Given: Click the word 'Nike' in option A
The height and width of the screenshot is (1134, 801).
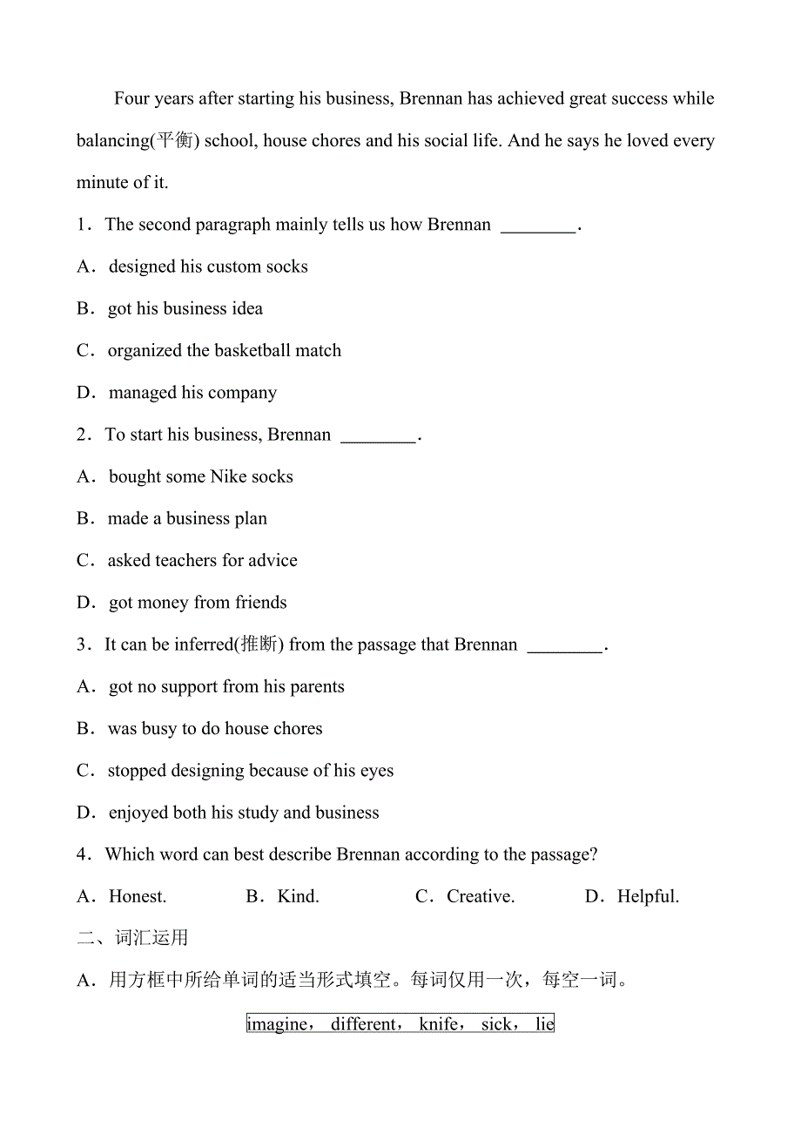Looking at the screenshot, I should [x=229, y=476].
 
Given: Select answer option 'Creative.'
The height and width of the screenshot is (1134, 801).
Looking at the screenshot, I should [x=480, y=896].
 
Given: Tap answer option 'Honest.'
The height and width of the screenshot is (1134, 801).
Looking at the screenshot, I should [x=137, y=896].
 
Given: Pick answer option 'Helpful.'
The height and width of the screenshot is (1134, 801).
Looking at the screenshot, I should [x=648, y=896].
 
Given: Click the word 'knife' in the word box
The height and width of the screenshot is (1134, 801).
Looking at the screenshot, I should [x=439, y=1024].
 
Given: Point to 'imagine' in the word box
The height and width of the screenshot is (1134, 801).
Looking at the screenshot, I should [x=278, y=1024].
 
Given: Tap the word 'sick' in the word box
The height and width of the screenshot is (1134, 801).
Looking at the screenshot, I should [x=497, y=1024].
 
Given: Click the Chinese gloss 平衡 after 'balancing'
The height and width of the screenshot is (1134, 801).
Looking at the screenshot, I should [x=174, y=141].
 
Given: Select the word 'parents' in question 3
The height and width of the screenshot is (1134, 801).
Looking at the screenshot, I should [x=315, y=687].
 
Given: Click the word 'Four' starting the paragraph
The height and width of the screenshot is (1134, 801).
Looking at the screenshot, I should [x=131, y=98].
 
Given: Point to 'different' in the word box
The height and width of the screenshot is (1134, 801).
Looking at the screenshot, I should [x=363, y=1024].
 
